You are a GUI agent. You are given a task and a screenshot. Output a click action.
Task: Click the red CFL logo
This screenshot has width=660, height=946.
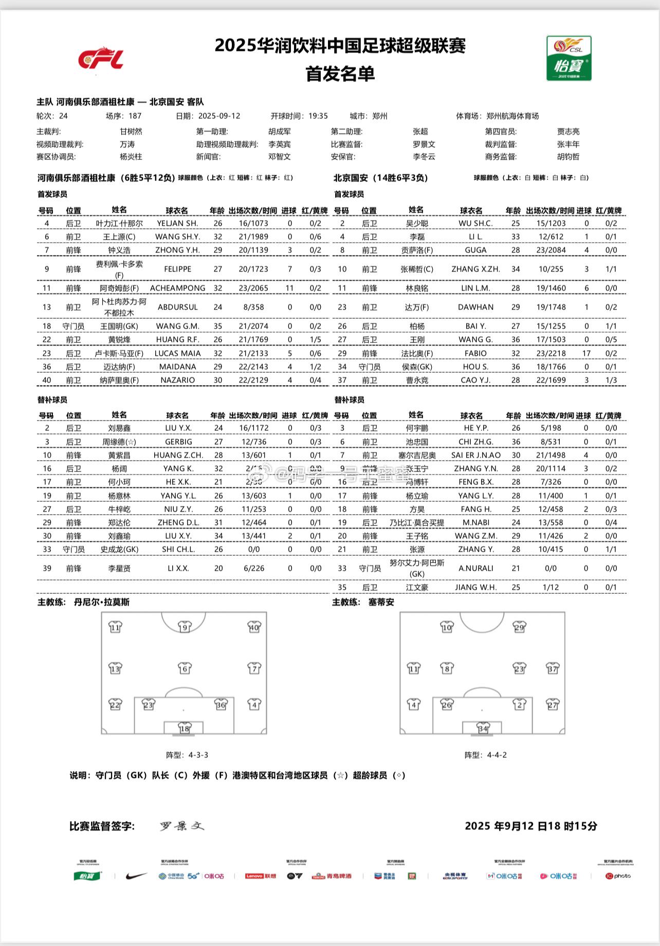tap(101, 58)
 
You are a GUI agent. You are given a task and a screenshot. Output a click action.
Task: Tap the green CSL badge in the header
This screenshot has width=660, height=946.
tap(569, 58)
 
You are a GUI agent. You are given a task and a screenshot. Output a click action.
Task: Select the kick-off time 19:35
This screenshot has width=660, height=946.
tap(318, 116)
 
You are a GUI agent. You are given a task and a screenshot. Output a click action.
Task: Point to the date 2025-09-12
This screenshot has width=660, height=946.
tap(219, 116)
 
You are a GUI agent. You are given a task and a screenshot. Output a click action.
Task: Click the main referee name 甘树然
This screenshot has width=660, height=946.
tap(131, 132)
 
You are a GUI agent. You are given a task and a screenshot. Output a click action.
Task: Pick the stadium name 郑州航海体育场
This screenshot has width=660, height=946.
tap(512, 116)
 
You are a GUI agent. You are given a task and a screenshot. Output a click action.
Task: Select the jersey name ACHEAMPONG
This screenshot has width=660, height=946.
tap(177, 288)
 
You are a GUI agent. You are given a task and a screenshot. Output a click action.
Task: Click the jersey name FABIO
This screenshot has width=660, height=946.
tap(475, 353)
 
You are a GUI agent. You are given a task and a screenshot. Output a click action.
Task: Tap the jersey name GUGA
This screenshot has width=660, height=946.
tap(475, 250)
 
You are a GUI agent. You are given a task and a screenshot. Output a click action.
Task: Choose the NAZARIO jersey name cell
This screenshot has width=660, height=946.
tap(177, 380)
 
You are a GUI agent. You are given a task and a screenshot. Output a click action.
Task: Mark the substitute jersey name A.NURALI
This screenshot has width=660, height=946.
tap(475, 568)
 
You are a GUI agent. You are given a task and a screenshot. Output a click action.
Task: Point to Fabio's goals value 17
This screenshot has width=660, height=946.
tap(586, 353)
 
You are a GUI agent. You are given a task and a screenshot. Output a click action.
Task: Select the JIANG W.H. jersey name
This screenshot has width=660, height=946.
tap(475, 587)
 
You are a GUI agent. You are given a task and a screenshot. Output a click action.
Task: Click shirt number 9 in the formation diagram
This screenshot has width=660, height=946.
tap(185, 627)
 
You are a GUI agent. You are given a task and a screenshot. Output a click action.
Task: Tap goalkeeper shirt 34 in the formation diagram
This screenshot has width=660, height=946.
tap(483, 728)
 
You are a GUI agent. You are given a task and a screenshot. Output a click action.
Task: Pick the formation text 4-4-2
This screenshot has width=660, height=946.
tap(497, 755)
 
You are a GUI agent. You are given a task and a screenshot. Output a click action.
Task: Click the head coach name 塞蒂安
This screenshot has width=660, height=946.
tap(381, 602)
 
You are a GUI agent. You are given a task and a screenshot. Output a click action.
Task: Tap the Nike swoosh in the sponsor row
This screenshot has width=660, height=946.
tap(136, 876)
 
